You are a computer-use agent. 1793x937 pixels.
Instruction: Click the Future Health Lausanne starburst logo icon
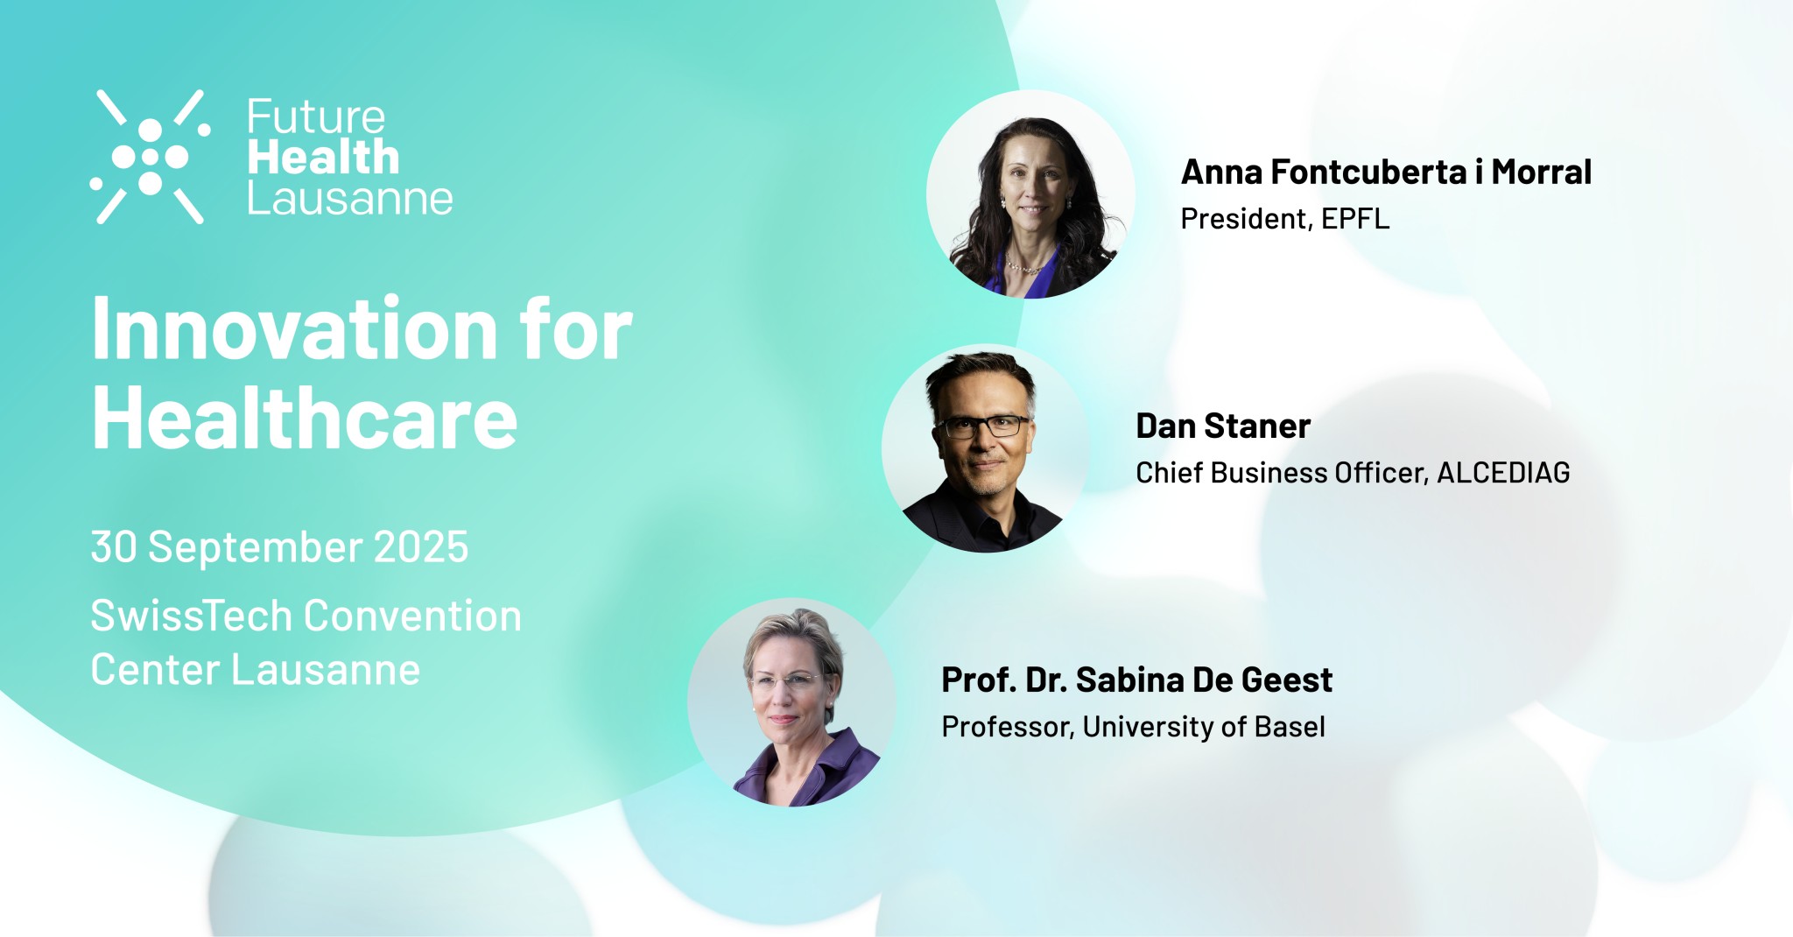151,157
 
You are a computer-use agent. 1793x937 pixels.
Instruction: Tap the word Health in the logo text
323,158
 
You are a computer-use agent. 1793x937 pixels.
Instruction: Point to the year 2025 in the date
421,547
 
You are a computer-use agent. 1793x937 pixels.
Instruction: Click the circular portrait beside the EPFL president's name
1030,194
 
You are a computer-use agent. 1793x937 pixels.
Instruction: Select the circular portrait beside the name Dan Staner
985,448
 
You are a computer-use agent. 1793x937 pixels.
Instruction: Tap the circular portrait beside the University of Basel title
791,702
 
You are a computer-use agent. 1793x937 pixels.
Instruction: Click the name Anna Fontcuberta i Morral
1386,172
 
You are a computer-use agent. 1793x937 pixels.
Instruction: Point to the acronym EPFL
1355,218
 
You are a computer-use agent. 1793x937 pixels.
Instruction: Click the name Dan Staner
1223,426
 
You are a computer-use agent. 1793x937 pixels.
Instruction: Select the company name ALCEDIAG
1503,473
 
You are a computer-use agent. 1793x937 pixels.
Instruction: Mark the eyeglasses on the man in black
983,426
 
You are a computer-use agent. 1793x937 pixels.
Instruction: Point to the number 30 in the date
114,547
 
